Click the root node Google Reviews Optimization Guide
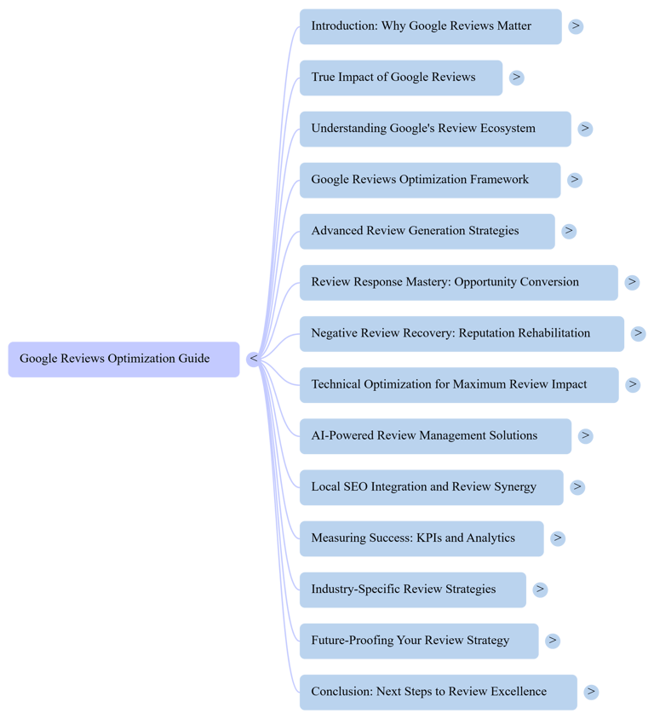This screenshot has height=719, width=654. (x=123, y=359)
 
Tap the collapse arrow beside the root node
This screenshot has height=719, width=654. (x=253, y=359)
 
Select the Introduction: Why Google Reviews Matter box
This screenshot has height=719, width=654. (x=430, y=26)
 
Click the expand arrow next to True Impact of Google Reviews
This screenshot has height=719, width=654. (x=516, y=78)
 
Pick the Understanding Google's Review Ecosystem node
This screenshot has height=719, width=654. (x=434, y=129)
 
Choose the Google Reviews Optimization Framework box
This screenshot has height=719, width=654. (x=429, y=180)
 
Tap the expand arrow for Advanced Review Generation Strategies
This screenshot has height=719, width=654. (x=569, y=231)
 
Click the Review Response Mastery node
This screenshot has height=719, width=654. (x=458, y=282)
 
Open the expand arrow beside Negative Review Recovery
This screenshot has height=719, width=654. (x=638, y=333)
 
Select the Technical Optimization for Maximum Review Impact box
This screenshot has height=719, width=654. (x=458, y=384)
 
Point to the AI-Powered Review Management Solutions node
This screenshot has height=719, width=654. (x=434, y=435)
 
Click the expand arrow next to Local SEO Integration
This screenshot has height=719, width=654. (x=577, y=486)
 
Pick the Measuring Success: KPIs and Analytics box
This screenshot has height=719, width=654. (x=421, y=538)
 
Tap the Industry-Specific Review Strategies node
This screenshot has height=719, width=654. (x=412, y=590)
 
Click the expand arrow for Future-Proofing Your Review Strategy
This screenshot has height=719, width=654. (x=553, y=641)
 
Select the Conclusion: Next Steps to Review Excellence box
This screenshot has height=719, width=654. (x=438, y=692)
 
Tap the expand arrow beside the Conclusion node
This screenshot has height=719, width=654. (x=591, y=692)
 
